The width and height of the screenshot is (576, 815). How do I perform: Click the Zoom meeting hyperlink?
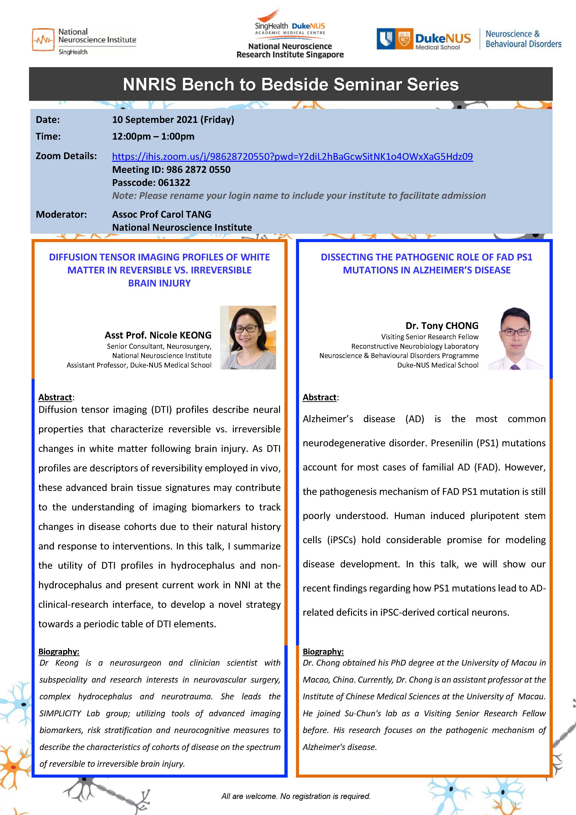tap(292, 157)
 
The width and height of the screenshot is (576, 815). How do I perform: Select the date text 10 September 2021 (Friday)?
tap(173, 120)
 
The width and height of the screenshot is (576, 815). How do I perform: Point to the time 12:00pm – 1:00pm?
tap(153, 136)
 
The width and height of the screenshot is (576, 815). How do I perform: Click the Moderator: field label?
tap(61, 214)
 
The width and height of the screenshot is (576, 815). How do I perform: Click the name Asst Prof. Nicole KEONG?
tap(158, 335)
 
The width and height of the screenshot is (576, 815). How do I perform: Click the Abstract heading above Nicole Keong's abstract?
tap(55, 397)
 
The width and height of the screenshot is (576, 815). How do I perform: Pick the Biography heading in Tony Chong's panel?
tap(323, 651)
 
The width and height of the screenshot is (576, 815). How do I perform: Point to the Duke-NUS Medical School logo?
tap(424, 39)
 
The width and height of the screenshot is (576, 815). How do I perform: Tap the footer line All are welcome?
tap(296, 796)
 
